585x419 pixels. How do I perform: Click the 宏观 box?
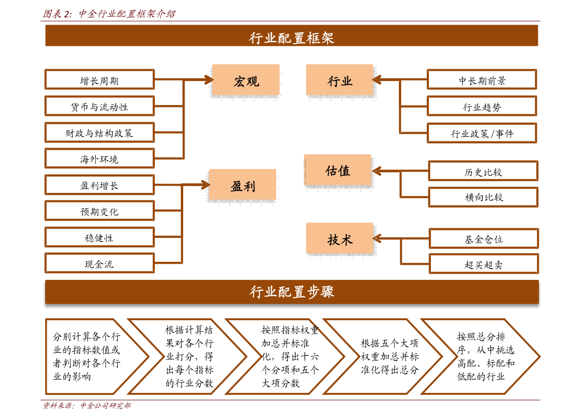pos(246,80)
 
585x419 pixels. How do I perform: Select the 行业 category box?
pos(339,80)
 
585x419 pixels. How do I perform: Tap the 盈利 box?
pos(243,185)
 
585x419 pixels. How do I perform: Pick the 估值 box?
pos(337,170)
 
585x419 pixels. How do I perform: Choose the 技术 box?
pos(339,239)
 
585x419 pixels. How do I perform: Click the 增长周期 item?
pos(100,80)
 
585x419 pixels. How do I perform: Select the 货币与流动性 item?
pos(100,106)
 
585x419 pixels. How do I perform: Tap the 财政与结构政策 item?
pos(100,133)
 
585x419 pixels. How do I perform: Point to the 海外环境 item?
pos(100,159)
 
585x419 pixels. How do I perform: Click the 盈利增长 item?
pos(100,185)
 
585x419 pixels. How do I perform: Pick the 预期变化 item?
pos(100,211)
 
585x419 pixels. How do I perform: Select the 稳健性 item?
pos(100,237)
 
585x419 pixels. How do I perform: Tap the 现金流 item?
pos(100,264)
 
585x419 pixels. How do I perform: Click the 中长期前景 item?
pos(482,80)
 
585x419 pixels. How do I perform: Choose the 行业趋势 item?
pos(482,107)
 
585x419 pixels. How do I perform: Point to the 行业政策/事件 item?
pos(482,133)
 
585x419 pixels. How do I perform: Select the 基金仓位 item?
pos(484,239)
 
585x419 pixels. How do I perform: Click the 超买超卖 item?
pos(484,264)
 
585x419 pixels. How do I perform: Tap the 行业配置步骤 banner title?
pos(292,292)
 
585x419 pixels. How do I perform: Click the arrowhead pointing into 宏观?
pos(209,80)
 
